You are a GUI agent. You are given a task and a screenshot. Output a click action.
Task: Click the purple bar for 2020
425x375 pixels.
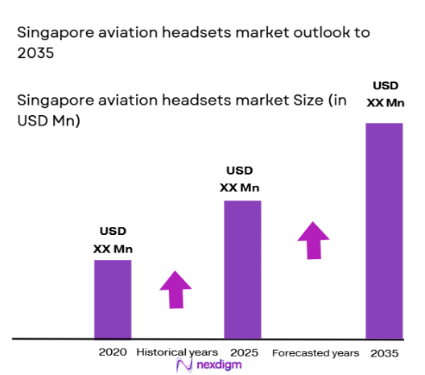pos(113,299)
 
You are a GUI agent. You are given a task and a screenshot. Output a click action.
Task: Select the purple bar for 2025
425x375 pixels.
pos(242,269)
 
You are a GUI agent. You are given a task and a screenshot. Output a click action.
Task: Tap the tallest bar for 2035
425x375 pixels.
pos(384,230)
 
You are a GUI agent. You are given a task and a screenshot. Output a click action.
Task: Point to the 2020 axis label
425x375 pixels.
pos(113,352)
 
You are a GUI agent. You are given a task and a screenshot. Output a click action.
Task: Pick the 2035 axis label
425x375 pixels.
pos(385,352)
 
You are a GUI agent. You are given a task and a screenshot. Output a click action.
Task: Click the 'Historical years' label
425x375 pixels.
pos(176,352)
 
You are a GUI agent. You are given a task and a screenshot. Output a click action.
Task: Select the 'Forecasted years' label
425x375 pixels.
pos(316,352)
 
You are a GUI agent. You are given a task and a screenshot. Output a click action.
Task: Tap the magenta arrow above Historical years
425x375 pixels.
pos(175,289)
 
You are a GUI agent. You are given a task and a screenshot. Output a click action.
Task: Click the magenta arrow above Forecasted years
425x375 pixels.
pos(313,240)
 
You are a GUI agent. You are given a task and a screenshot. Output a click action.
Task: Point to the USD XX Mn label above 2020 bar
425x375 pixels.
pos(112,241)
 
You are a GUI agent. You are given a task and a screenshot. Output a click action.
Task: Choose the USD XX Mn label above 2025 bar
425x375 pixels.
pos(240,179)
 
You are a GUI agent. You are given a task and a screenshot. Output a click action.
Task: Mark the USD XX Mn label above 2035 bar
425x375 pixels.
pos(383,94)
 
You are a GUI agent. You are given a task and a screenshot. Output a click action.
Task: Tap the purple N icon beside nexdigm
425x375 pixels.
pos(184,365)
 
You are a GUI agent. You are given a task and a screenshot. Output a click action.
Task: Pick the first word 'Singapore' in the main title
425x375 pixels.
pos(51,35)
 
